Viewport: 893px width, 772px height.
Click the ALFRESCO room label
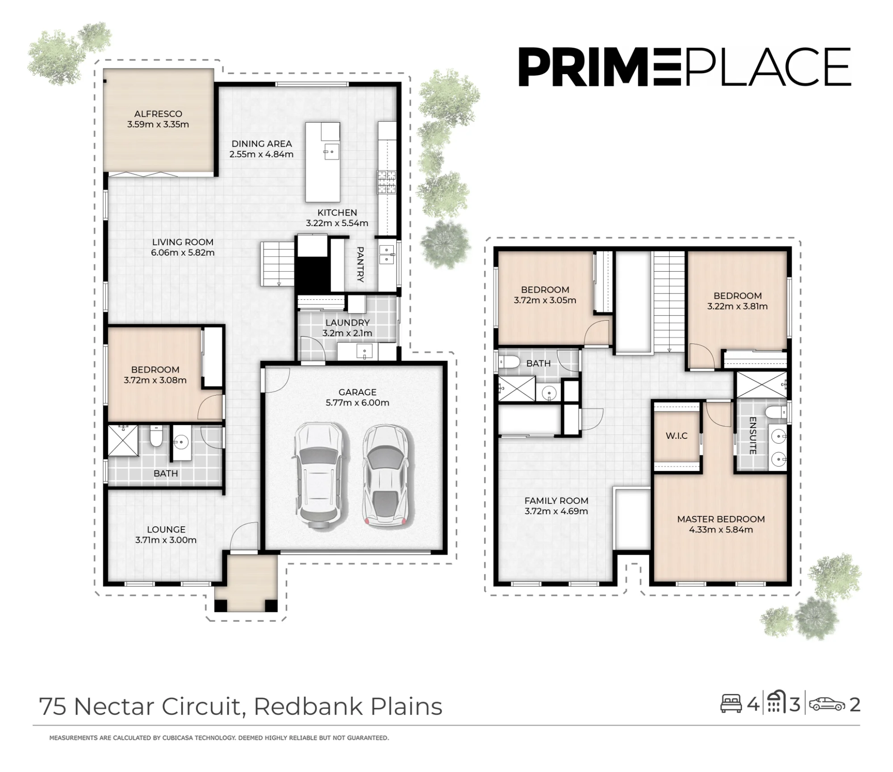coord(158,114)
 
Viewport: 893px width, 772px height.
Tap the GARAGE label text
coord(357,392)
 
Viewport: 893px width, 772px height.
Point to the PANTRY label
coord(360,264)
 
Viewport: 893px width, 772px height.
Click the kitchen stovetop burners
coord(387,182)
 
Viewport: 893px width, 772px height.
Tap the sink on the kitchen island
coord(331,152)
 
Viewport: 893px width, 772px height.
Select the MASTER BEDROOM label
coord(721,519)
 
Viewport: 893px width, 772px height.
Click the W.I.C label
coord(676,436)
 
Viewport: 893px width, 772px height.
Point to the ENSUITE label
coord(752,435)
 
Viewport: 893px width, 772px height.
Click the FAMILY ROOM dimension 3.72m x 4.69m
coord(556,511)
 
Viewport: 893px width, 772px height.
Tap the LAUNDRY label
coord(347,322)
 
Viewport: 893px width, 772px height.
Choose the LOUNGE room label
coord(166,529)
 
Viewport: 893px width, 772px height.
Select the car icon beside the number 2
coord(827,704)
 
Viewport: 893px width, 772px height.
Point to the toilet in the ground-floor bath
coord(156,436)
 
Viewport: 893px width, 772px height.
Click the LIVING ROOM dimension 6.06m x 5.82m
coord(183,252)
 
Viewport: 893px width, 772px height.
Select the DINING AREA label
coord(262,144)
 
